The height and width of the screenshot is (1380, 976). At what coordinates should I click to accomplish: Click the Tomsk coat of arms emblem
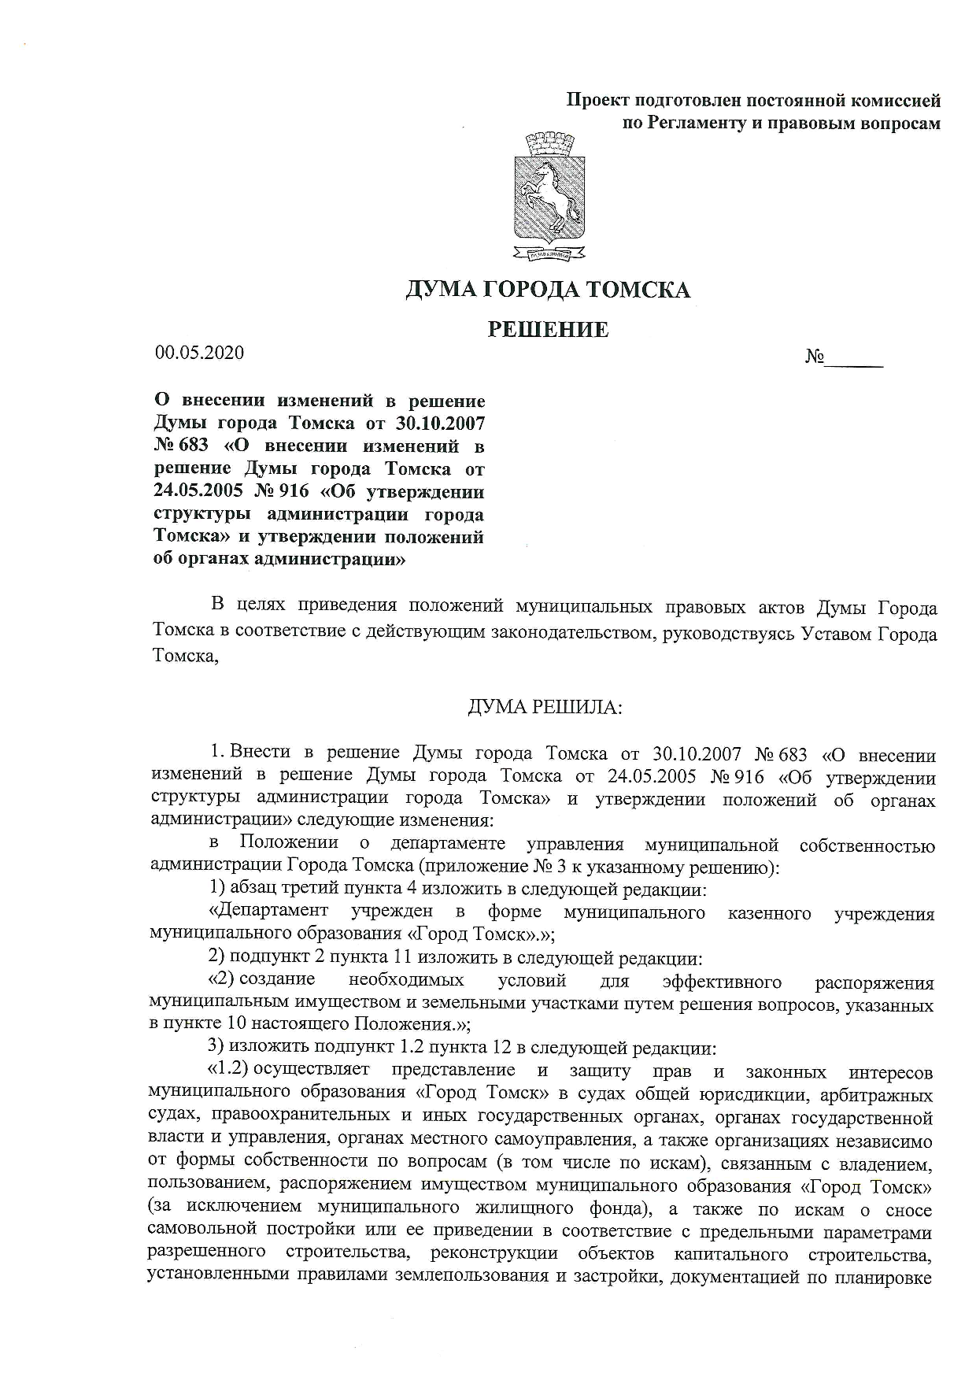(549, 197)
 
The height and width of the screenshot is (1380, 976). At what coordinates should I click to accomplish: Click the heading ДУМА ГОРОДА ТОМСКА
(548, 290)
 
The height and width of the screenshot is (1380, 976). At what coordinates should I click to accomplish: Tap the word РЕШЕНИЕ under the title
(548, 329)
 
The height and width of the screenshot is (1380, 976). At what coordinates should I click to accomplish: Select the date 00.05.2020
(199, 353)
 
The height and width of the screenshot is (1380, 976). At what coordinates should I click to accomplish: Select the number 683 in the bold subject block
(193, 446)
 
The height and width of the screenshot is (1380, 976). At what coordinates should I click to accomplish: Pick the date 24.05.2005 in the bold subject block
(201, 492)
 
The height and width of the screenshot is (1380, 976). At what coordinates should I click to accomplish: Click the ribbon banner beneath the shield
(549, 253)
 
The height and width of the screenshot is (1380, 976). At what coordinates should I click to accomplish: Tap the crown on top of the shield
(549, 143)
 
